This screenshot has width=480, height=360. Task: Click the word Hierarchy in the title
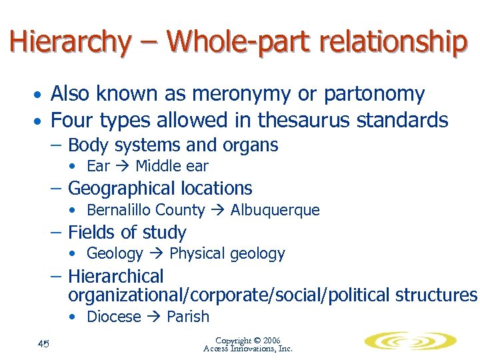pos(70,41)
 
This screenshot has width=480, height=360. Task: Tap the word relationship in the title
pos(393,41)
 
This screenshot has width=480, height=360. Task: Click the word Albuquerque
pos(275,210)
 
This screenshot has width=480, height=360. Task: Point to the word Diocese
pos(114,317)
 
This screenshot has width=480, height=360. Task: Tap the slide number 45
pos(43,343)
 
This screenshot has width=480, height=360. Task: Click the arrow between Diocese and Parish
pos(154,317)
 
